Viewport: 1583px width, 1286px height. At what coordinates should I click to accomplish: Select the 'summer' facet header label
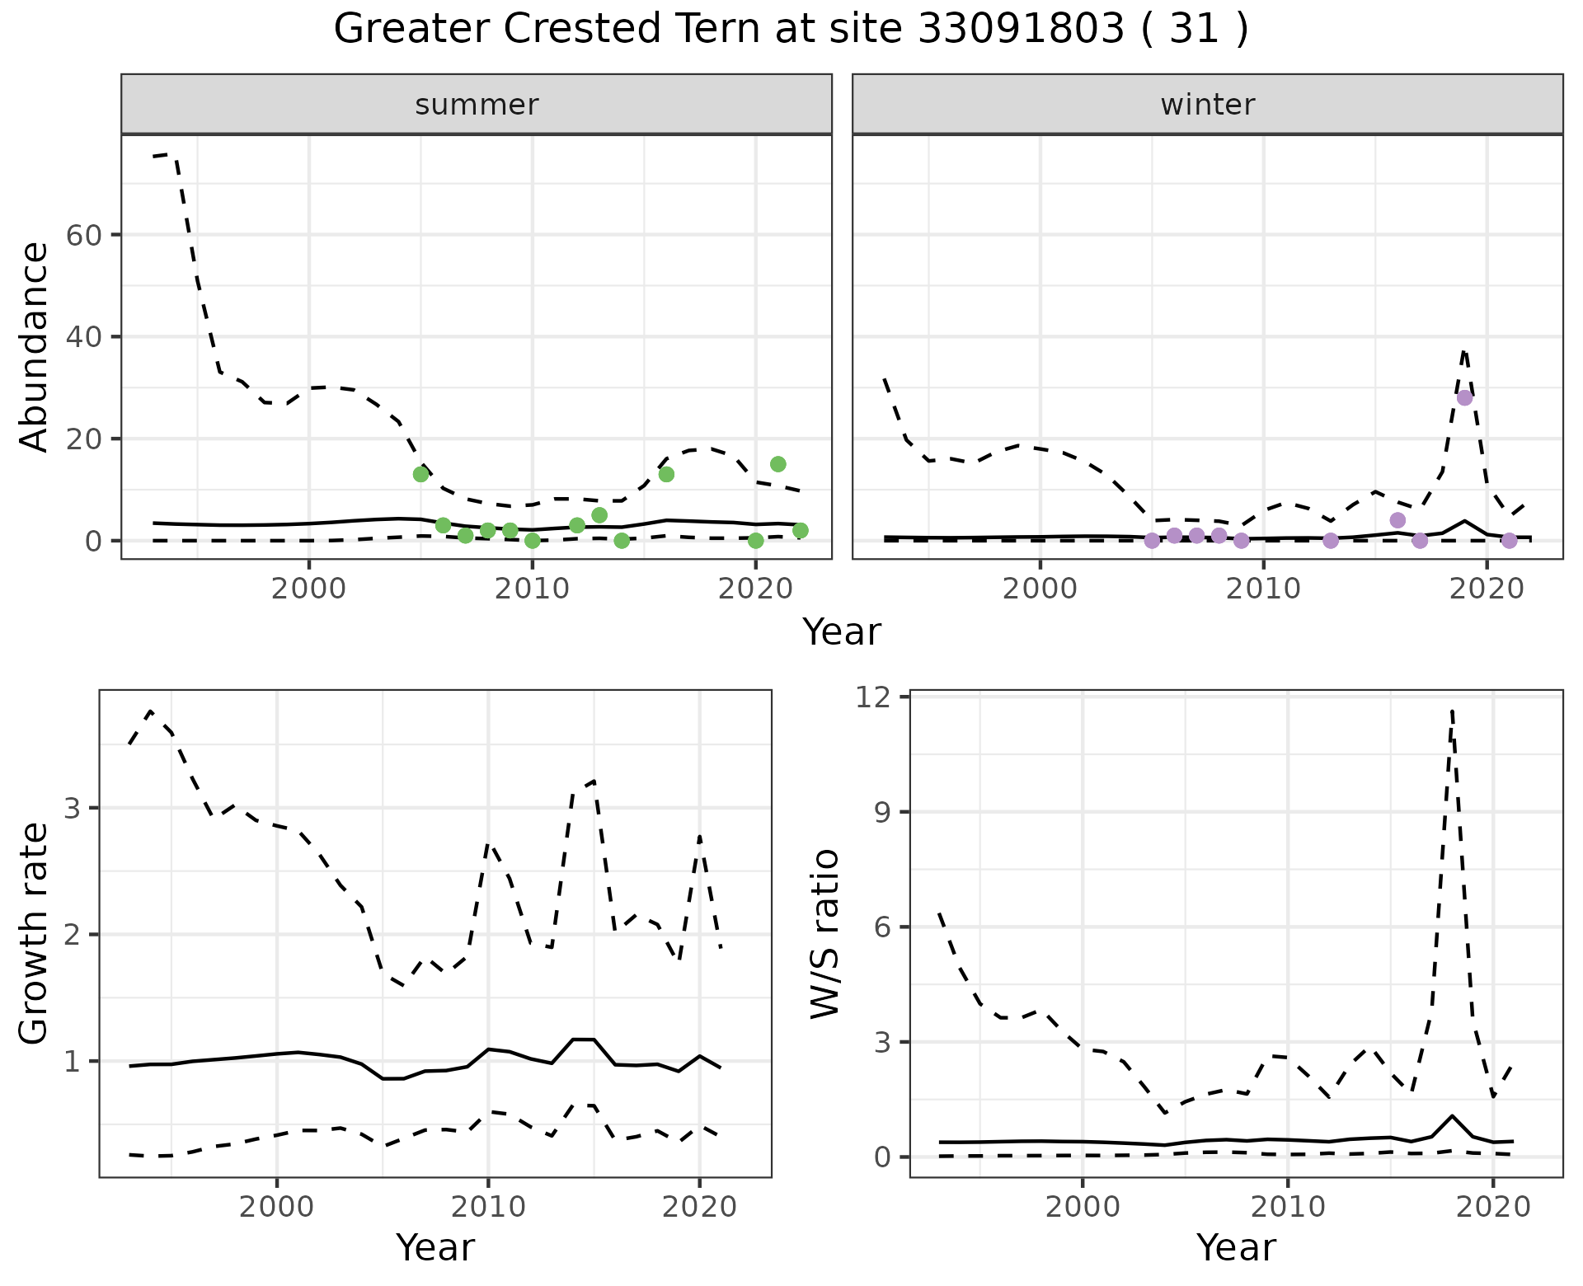click(x=477, y=105)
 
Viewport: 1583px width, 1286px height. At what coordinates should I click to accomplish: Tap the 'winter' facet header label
click(x=1207, y=105)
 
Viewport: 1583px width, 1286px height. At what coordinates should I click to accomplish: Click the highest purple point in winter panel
click(x=1464, y=398)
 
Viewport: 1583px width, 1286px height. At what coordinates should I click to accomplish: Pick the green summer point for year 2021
click(x=777, y=464)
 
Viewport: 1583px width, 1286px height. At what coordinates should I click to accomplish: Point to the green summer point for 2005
click(x=420, y=474)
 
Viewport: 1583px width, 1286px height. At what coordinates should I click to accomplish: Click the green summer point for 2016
click(x=666, y=474)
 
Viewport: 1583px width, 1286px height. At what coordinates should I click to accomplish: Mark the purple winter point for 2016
click(x=1397, y=520)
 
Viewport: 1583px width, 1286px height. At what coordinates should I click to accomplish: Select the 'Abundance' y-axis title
click(x=35, y=346)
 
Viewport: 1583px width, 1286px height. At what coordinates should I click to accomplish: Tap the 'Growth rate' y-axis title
click(x=35, y=933)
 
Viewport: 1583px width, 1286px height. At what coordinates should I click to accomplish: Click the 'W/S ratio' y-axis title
click(x=824, y=933)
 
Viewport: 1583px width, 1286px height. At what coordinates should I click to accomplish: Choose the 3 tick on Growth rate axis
click(x=73, y=808)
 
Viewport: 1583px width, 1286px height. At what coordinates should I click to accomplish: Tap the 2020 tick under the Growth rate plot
click(x=699, y=1208)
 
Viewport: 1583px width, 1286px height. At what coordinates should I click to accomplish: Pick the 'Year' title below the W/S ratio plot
click(x=1236, y=1248)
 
